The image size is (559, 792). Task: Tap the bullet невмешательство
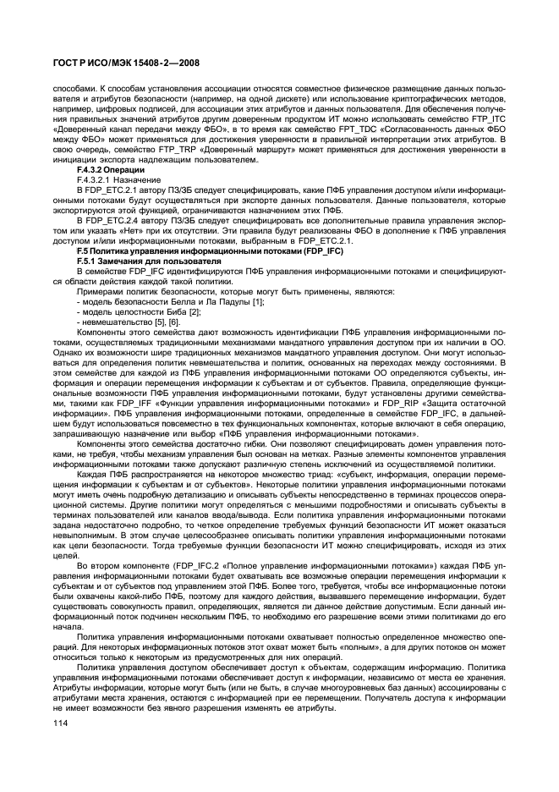pyautogui.click(x=128, y=323)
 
